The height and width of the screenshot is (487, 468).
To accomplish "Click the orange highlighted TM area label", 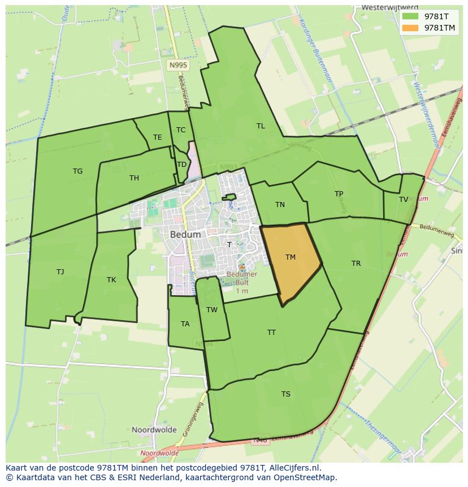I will point(291,257).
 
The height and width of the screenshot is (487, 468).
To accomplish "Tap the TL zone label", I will point(261,126).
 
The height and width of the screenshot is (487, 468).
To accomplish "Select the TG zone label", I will point(77,171).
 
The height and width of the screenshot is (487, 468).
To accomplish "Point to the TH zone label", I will point(134,178).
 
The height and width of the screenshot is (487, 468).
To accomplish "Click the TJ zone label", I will point(60,272).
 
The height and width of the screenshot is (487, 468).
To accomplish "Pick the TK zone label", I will point(111,280).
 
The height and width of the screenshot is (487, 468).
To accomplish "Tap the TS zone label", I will point(286,394).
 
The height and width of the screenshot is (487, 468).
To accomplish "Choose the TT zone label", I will point(271,333).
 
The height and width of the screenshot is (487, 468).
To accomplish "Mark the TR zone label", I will point(356,264).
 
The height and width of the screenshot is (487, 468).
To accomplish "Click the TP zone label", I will point(339,194).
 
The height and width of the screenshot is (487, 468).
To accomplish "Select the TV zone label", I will point(404,200).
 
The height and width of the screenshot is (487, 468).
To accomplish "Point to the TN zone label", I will point(280,205).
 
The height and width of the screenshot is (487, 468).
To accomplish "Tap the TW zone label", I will point(212,310).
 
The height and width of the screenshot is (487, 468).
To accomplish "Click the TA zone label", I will point(185,324).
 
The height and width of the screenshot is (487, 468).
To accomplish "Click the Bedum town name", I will point(185,234).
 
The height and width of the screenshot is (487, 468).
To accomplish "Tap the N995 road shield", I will point(178,66).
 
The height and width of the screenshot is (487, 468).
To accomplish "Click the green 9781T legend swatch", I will point(411,16).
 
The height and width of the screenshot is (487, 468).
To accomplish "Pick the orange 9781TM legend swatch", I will point(411,28).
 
